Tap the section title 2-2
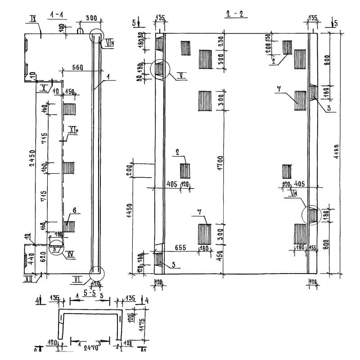235,14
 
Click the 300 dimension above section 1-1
91,18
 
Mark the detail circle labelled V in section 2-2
159,70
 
